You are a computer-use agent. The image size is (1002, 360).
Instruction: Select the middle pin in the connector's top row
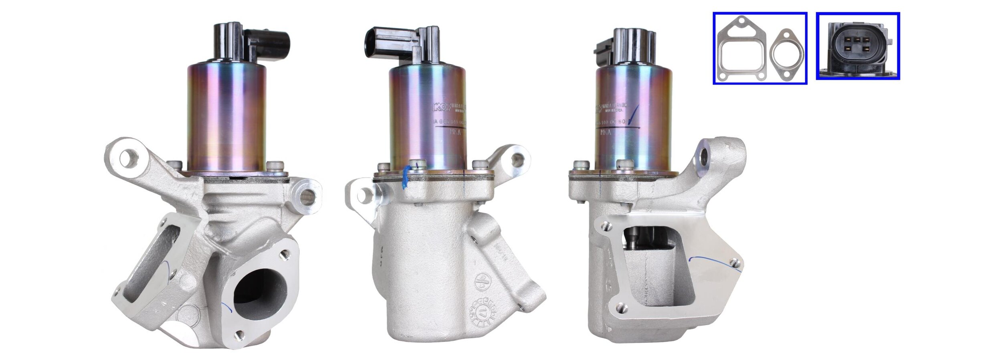click(857, 39)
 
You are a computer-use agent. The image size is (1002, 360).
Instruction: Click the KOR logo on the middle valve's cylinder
click(440, 107)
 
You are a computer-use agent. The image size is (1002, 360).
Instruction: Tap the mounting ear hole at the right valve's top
click(704, 156)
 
